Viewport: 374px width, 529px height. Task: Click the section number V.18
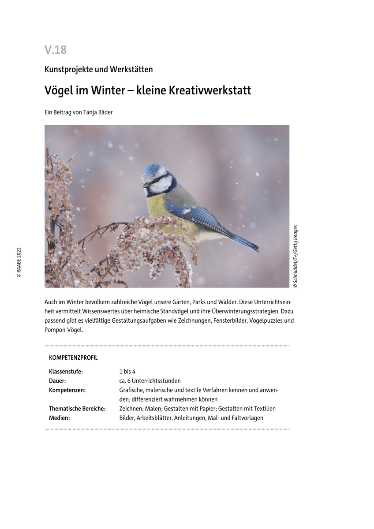(56, 50)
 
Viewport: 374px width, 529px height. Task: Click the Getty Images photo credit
(295, 257)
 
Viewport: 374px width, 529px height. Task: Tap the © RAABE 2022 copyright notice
(19, 262)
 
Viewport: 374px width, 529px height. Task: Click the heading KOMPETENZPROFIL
(73, 358)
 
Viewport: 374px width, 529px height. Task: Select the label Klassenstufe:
(66, 372)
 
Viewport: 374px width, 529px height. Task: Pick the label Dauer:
(57, 381)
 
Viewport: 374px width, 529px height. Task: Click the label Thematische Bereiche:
(77, 409)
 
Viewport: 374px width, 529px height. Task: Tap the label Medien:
(60, 418)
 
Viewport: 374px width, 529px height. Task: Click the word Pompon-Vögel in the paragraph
(64, 330)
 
